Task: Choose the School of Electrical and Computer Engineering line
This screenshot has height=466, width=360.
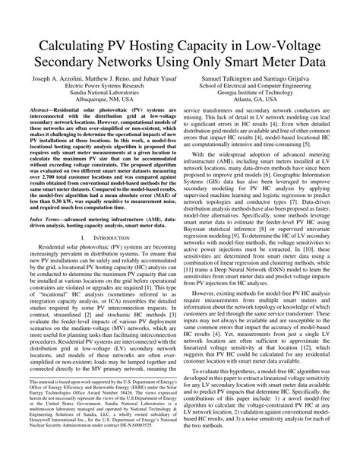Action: (x=270, y=87)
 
